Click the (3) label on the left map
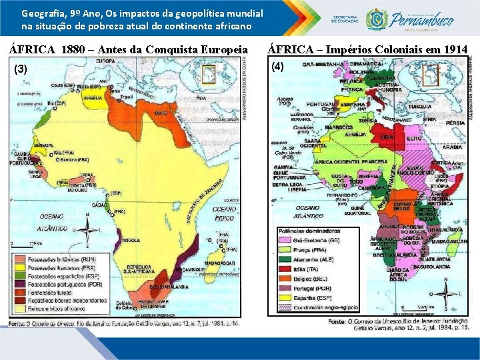coord(21,69)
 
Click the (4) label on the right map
coord(277,66)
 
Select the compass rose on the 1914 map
coord(445,293)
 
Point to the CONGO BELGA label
coord(402,203)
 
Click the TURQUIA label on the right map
coord(419,106)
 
